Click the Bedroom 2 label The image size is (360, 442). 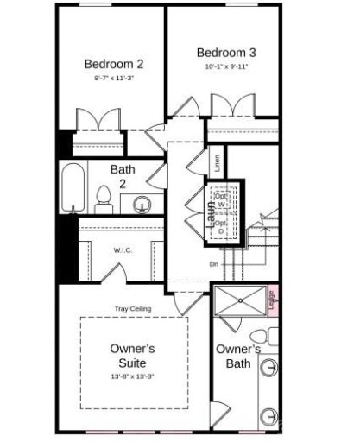tap(113, 63)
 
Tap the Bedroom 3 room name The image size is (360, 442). tap(226, 51)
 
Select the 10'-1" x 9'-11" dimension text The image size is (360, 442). tap(226, 66)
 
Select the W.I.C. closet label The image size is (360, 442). tap(122, 251)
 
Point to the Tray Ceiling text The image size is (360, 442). tap(134, 308)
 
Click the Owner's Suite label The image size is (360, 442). tap(133, 356)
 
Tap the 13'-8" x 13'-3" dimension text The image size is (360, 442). tap(133, 376)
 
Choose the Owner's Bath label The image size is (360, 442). tap(237, 356)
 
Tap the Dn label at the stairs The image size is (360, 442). tap(214, 264)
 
